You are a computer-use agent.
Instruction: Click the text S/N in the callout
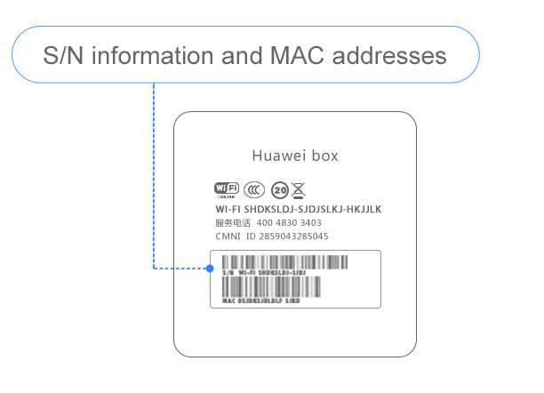point(64,56)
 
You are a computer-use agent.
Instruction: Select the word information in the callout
point(152,56)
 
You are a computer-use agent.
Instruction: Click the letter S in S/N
point(51,56)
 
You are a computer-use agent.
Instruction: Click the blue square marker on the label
point(210,268)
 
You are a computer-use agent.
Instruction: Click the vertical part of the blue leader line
point(154,178)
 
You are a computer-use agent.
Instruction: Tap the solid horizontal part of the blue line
point(164,268)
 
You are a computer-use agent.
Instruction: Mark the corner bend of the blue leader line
point(154,268)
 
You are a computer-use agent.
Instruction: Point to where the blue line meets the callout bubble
point(154,84)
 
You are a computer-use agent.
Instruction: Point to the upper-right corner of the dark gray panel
point(414,114)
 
